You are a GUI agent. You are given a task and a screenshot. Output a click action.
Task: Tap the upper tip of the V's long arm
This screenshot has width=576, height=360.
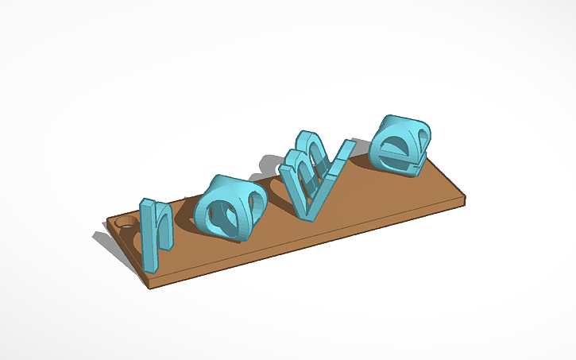[x=346, y=144]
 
